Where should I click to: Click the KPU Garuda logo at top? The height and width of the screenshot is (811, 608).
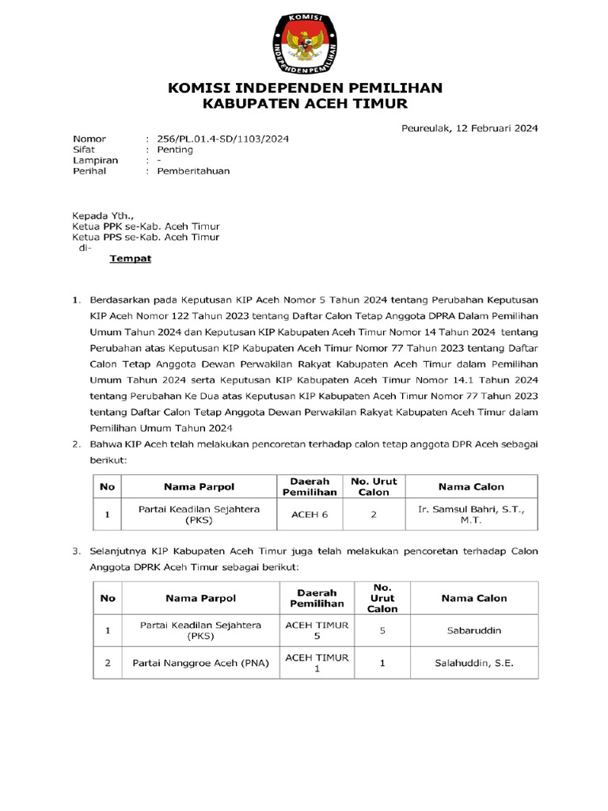tap(305, 40)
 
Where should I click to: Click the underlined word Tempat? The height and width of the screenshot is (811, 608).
tap(130, 259)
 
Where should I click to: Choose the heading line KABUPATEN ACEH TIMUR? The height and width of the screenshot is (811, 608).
tap(304, 104)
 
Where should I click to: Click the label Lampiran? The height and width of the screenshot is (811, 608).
tap(95, 160)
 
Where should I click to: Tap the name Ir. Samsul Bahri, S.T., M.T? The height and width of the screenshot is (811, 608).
tap(470, 515)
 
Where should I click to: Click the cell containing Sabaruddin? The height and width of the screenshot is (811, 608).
tap(473, 631)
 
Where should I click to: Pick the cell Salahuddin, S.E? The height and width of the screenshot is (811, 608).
tap(473, 663)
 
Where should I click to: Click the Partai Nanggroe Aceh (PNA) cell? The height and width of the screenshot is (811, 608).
tap(201, 663)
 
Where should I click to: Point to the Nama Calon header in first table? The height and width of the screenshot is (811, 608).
tap(471, 486)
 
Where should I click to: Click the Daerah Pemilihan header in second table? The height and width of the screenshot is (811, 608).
tap(317, 598)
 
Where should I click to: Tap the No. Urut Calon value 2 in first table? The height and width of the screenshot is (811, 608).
tap(374, 515)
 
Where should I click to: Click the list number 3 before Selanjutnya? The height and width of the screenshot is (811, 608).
tap(76, 550)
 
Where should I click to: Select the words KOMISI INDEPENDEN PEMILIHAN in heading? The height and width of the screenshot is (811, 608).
tap(304, 87)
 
